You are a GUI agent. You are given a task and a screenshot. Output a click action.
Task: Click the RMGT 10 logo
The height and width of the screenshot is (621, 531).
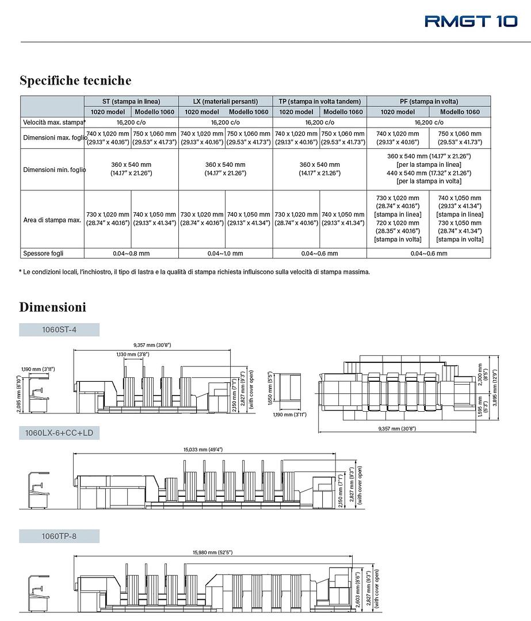tap(471, 21)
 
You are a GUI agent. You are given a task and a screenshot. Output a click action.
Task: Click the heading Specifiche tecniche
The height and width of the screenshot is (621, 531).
tap(75, 80)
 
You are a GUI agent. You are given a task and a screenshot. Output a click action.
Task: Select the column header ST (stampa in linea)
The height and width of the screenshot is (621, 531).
tap(131, 101)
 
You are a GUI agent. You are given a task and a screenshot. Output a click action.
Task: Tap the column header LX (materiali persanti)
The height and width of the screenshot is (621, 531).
tap(226, 101)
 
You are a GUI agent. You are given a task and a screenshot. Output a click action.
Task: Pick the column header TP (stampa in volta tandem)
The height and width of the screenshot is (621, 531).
tap(320, 101)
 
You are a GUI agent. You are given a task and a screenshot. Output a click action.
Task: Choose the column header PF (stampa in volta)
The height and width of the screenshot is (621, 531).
tap(429, 101)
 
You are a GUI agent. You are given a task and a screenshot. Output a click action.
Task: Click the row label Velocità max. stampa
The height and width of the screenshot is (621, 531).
tap(54, 122)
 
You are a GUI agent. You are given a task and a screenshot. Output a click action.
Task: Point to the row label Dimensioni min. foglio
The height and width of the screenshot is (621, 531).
tap(52, 170)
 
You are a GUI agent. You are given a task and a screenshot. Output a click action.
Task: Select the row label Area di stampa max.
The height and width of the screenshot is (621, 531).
tap(52, 220)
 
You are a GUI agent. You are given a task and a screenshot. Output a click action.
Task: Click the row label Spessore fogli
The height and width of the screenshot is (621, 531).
tap(43, 253)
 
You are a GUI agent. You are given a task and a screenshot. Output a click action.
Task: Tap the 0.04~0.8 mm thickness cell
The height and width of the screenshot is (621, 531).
tap(131, 253)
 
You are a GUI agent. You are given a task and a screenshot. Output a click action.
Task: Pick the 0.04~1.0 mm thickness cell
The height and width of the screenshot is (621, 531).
tap(226, 253)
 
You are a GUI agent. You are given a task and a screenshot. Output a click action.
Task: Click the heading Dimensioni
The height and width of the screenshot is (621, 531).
tap(52, 307)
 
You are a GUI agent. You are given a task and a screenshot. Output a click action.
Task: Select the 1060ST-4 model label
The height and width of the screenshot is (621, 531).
tap(59, 330)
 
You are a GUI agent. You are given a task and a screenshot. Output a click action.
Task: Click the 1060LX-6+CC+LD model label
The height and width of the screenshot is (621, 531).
tap(59, 433)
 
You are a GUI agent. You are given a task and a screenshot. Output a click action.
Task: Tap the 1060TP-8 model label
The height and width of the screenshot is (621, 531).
tap(59, 536)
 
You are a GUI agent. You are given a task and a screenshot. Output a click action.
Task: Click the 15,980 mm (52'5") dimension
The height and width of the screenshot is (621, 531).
tap(213, 553)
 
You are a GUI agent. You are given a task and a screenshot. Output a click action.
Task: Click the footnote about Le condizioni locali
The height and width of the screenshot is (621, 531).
tap(194, 272)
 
